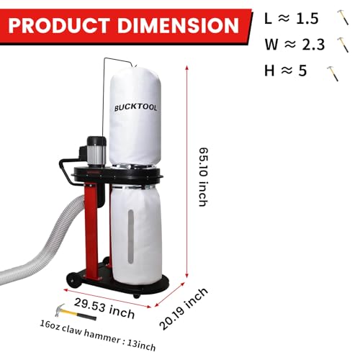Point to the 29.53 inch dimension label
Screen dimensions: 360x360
(x=105, y=294)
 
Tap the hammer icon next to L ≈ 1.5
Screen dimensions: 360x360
(x=338, y=17)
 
